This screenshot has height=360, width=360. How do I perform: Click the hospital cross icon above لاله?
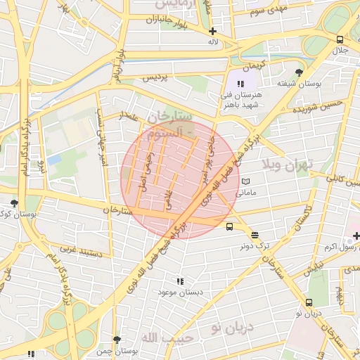tap(212, 31)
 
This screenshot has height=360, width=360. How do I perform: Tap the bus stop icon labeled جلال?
tap(340, 40)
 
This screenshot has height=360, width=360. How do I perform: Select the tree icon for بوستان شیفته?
tap(299, 72)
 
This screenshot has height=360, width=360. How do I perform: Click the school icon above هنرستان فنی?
tap(240, 83)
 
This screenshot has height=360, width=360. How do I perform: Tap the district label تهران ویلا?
tap(285, 166)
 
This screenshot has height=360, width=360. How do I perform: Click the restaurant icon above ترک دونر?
tap(254, 236)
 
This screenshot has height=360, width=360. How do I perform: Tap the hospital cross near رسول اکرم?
tap(356, 236)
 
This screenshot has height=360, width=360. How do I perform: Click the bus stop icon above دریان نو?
tap(309, 303)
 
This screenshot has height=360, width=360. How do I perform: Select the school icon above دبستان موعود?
tap(181, 281)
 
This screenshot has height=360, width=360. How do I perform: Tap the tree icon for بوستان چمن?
tap(117, 340)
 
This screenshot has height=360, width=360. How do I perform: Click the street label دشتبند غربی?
tap(80, 251)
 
